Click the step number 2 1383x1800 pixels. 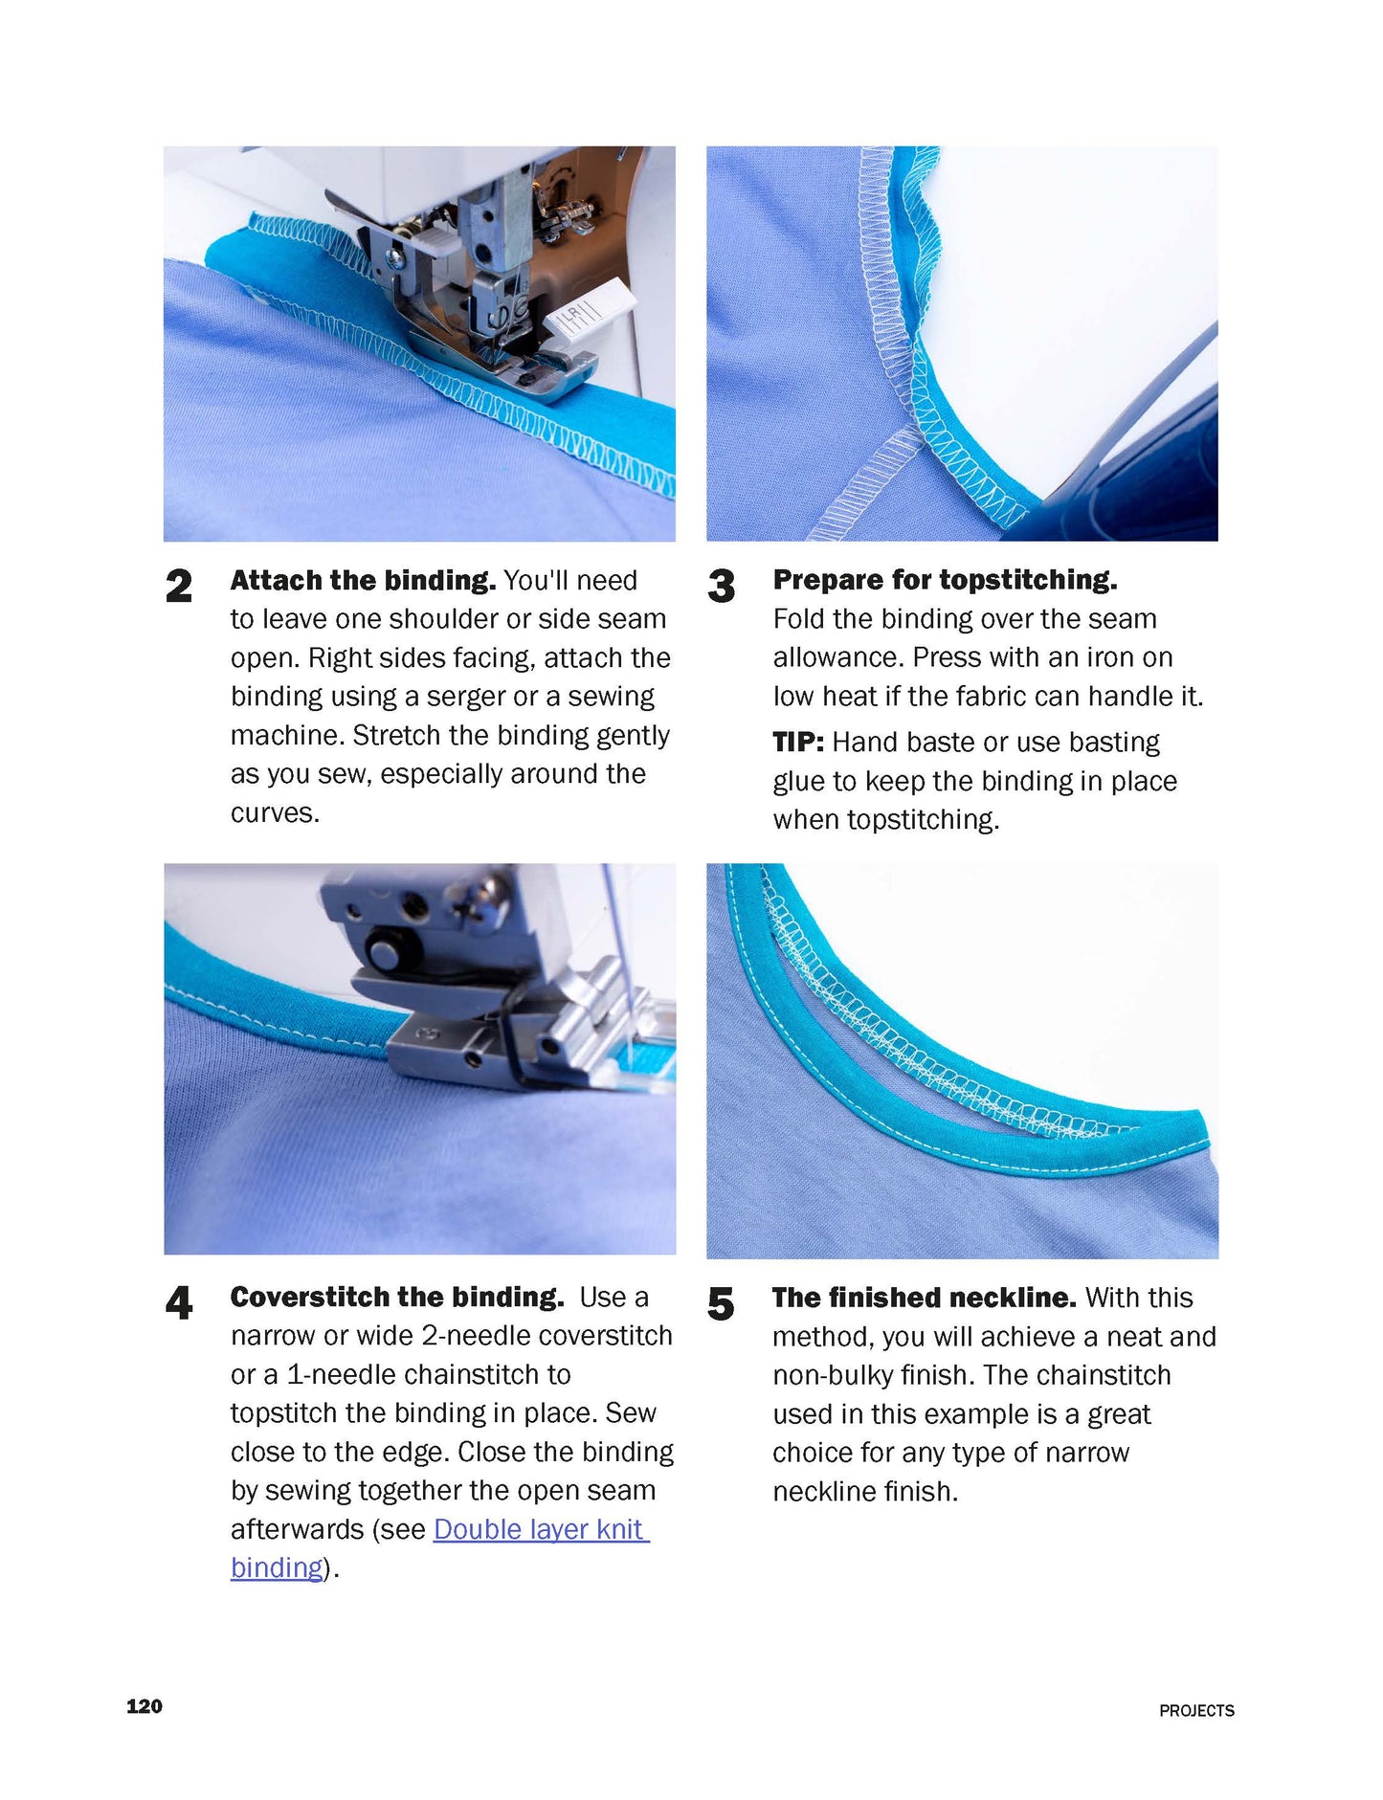tap(178, 586)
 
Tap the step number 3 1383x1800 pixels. tap(721, 586)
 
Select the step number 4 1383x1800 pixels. tap(178, 1302)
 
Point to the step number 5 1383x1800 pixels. tap(721, 1303)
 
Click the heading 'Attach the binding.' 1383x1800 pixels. tap(363, 580)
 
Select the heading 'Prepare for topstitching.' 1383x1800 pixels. tap(945, 579)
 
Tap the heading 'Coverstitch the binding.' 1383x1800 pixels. tap(397, 1297)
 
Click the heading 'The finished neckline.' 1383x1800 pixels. tap(924, 1298)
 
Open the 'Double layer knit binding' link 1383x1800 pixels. tap(541, 1529)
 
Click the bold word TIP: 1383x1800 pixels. tap(798, 743)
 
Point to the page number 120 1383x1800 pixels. tap(145, 1706)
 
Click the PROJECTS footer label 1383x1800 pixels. tap(1196, 1710)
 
